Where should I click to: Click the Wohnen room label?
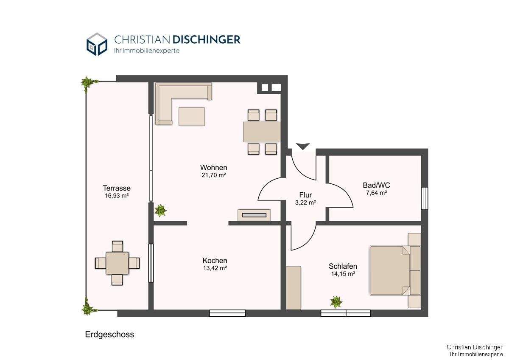pos(214,167)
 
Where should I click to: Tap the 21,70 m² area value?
pos(214,175)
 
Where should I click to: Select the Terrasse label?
pos(116,188)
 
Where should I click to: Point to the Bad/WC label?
pos(376,185)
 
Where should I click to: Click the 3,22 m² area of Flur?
pos(305,202)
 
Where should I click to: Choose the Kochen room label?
pos(215,260)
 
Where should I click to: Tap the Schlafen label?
pos(343,266)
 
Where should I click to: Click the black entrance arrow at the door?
pos(302,146)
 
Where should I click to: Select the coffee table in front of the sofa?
pos(191,116)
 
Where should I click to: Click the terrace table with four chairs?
pos(117,263)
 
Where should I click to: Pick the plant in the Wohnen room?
pos(161,210)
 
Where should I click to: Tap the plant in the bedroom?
pos(336,302)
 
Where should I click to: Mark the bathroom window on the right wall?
pos(424,198)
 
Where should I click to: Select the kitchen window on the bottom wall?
pos(227,313)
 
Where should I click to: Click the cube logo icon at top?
pos(97,44)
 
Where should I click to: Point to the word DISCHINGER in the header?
pos(206,39)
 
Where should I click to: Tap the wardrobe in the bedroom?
pos(294,287)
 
